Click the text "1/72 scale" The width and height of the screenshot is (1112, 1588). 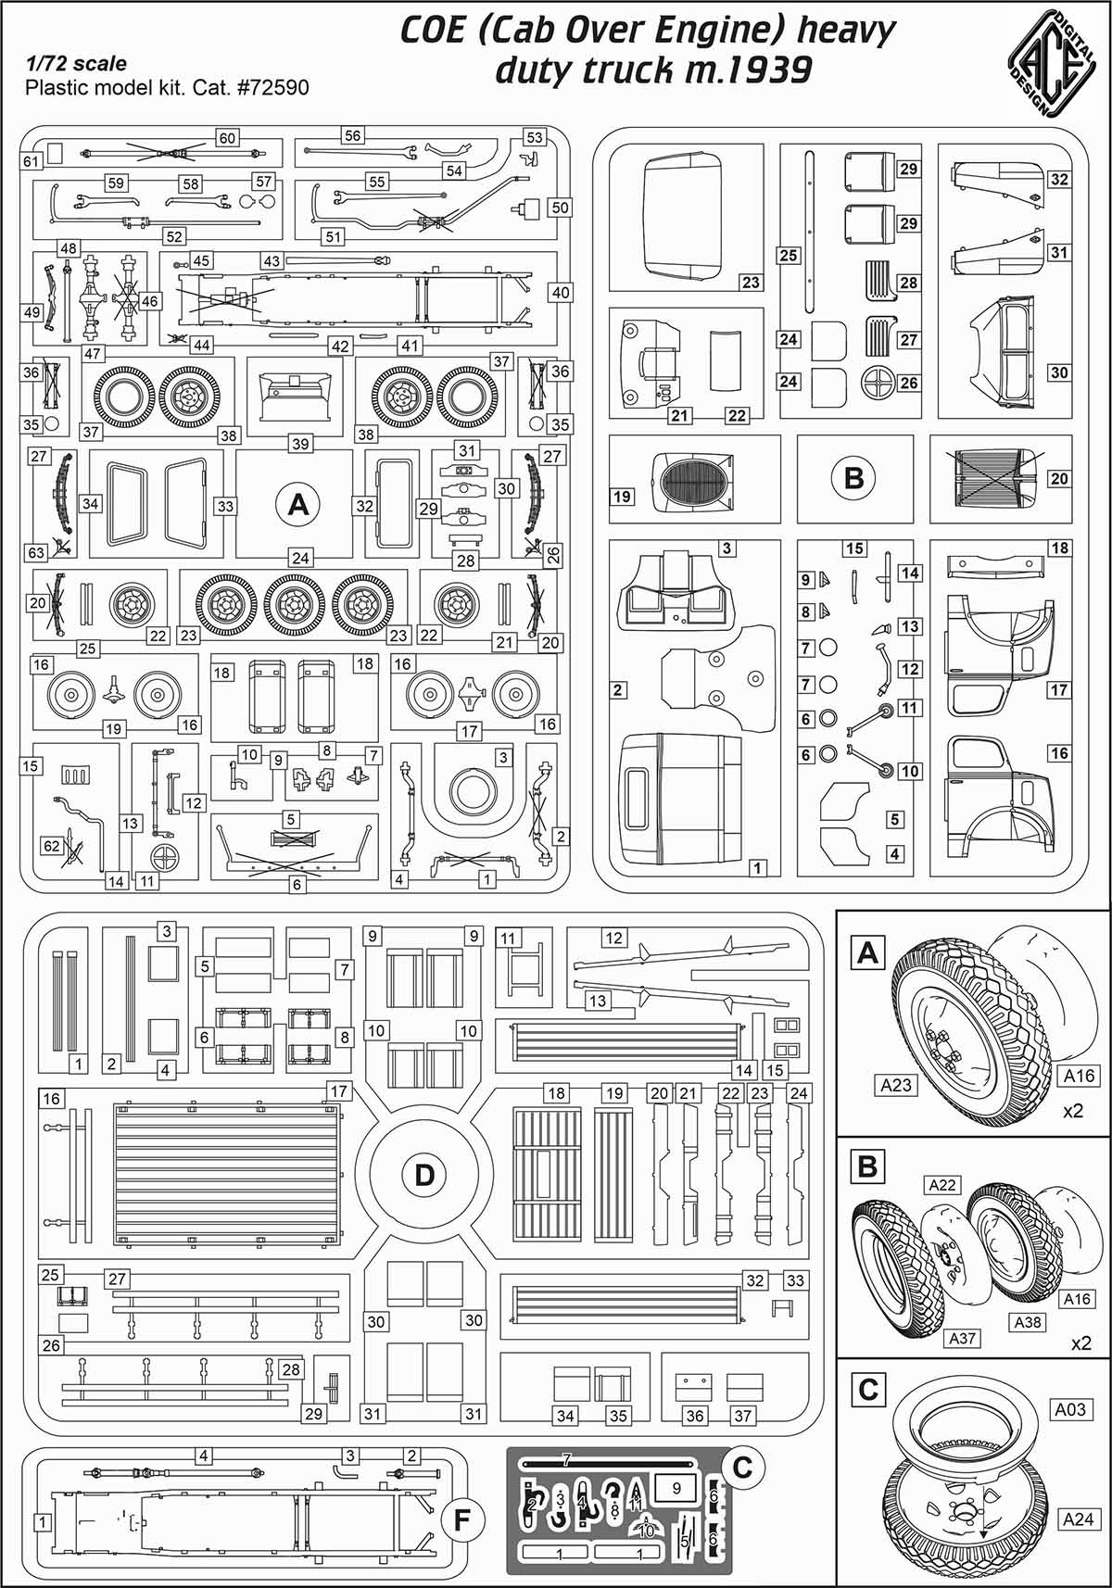(x=76, y=64)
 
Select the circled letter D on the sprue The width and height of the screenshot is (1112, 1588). (x=423, y=1176)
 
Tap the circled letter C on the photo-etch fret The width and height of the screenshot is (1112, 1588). (x=741, y=1468)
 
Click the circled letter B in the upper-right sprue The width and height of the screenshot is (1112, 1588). (x=853, y=478)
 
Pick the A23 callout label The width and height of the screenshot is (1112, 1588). (x=895, y=1084)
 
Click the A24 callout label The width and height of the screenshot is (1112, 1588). (x=1078, y=1518)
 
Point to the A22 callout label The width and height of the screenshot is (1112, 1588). (x=942, y=1185)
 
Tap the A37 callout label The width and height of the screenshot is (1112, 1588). (x=963, y=1338)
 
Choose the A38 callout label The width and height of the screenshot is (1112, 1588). (x=1027, y=1322)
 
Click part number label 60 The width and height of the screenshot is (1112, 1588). (x=227, y=138)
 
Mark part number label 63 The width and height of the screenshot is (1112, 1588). (x=36, y=553)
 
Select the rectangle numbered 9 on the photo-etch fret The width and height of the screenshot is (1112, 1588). (x=676, y=1488)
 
